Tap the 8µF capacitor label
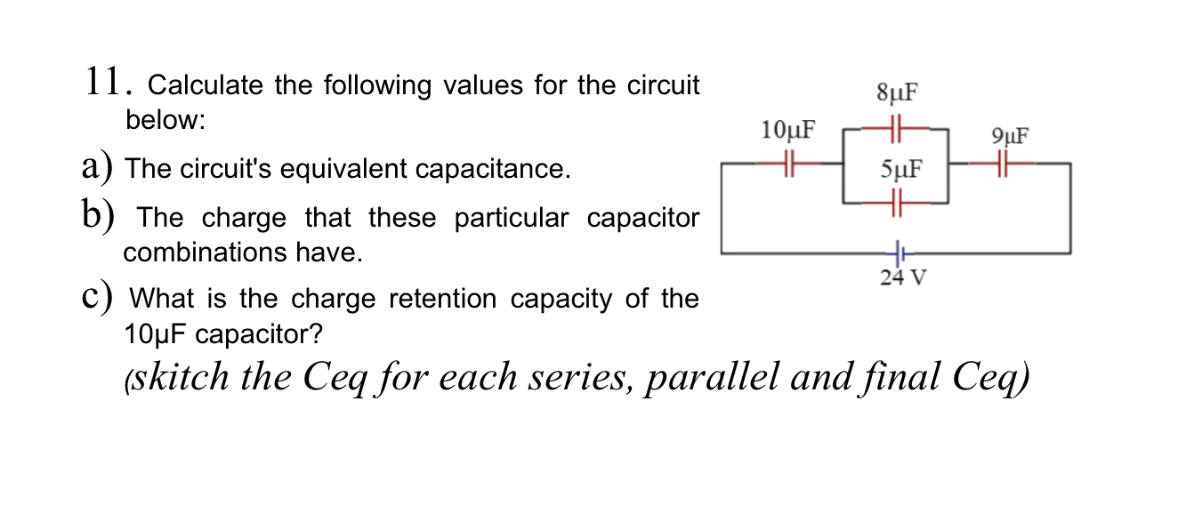point(897,92)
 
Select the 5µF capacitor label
point(897,169)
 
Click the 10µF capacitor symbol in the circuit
point(789,164)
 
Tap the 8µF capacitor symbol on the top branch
point(897,127)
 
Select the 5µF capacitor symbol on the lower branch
point(897,203)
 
